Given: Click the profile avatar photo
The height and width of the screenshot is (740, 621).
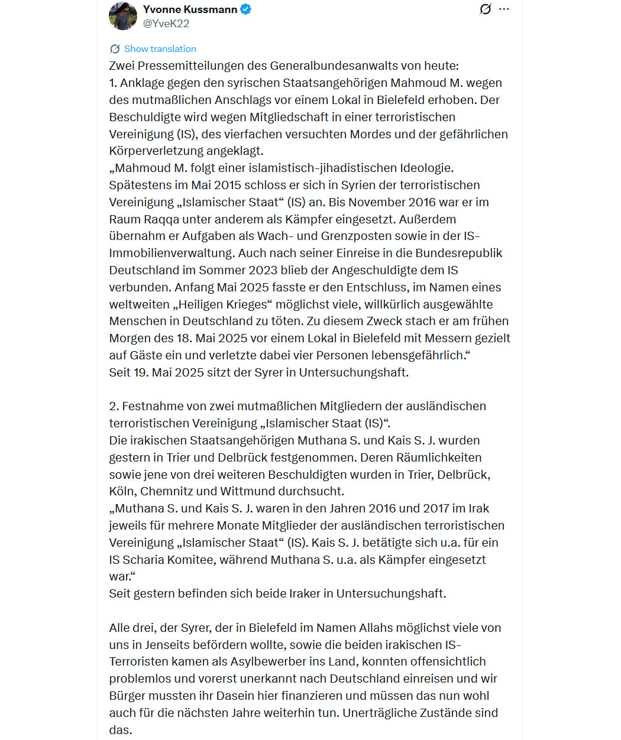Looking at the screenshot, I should pyautogui.click(x=123, y=16).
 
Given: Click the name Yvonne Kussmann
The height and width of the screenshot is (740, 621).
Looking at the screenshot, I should pyautogui.click(x=190, y=9).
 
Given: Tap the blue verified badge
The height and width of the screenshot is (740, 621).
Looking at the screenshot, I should pyautogui.click(x=246, y=9).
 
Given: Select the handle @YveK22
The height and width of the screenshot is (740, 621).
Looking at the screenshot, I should pyautogui.click(x=166, y=24).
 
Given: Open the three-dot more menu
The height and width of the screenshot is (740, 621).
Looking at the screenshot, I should pyautogui.click(x=504, y=9).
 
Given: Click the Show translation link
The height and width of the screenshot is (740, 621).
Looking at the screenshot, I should pyautogui.click(x=160, y=49).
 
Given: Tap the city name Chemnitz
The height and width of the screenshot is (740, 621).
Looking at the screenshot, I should pyautogui.click(x=167, y=491).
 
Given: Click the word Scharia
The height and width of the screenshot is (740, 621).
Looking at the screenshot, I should pyautogui.click(x=146, y=560).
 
